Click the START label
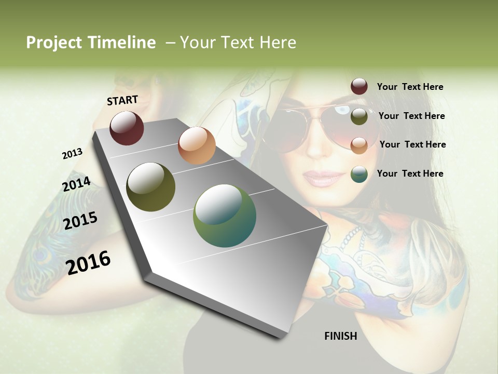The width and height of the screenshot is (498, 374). [x=122, y=100]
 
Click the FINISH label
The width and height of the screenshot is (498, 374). [x=341, y=336]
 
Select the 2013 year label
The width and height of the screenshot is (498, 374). [x=72, y=154]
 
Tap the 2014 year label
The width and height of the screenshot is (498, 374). [x=77, y=184]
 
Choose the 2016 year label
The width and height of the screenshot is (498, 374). [x=88, y=262]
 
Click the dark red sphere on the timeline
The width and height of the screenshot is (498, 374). [x=127, y=128]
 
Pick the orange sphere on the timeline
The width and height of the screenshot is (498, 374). [x=197, y=145]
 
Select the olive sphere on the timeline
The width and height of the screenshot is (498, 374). [x=151, y=187]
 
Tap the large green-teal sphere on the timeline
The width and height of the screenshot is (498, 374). [x=225, y=216]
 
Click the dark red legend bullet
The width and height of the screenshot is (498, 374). [x=359, y=86]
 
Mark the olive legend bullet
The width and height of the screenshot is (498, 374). [x=359, y=116]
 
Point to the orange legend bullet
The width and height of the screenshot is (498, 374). [x=359, y=145]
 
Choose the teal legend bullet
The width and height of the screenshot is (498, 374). [x=359, y=174]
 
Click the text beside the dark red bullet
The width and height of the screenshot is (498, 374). [x=410, y=87]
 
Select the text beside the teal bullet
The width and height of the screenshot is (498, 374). [x=410, y=173]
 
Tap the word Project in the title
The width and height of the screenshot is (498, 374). [x=53, y=43]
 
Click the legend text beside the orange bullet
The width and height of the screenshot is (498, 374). [x=412, y=144]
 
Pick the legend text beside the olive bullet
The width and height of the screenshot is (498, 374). [x=411, y=116]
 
